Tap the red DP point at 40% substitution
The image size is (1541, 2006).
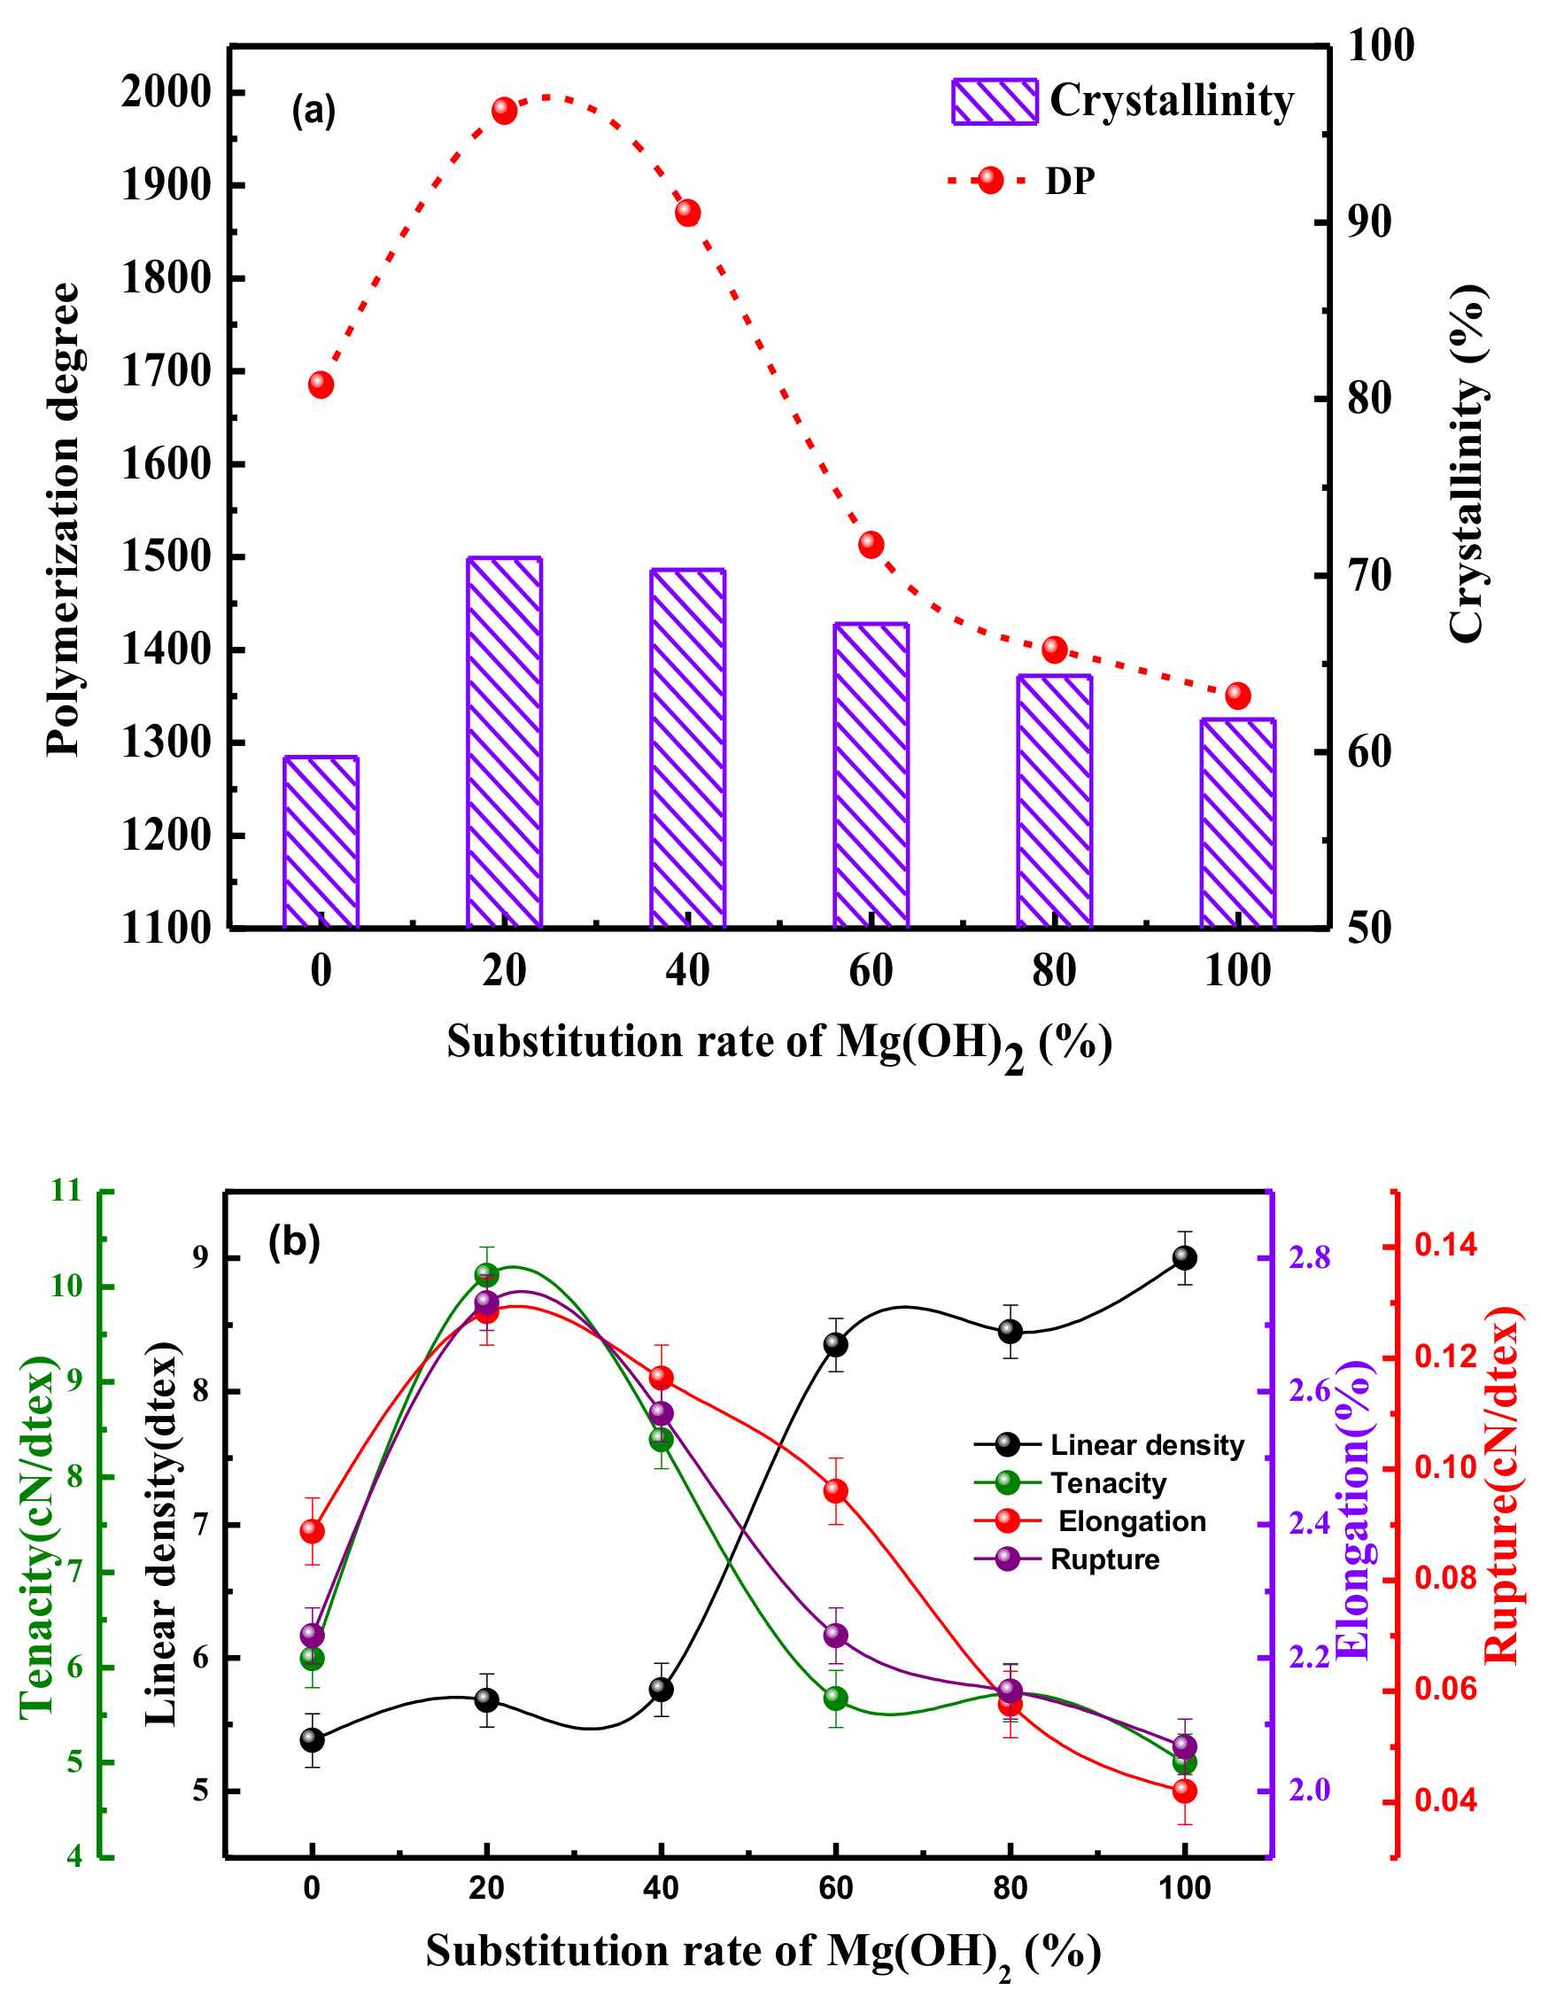pos(688,213)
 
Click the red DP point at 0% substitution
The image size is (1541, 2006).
pos(321,385)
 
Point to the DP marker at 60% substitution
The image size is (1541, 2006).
pos(871,544)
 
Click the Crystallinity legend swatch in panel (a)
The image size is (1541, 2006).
pos(995,101)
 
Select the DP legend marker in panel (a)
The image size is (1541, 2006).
pos(990,180)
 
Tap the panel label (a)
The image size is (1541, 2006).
pos(314,111)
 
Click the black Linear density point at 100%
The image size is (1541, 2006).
pos(1184,1257)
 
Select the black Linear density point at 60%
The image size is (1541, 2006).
pos(836,1344)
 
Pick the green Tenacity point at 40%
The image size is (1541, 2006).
pos(662,1440)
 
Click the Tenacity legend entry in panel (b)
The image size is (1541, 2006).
pos(1108,1483)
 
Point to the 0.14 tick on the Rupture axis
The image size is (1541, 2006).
pos(1445,1245)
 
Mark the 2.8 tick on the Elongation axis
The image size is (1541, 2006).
pos(1310,1257)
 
